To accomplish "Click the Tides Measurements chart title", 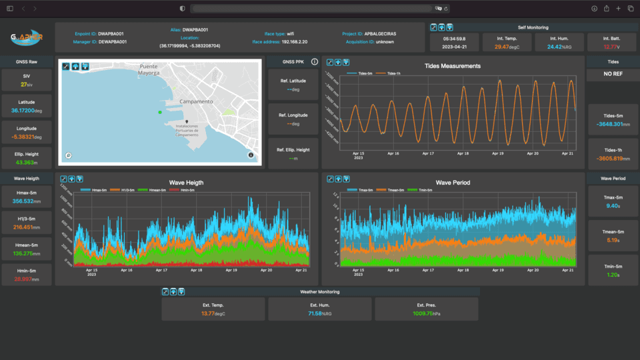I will coord(452,66).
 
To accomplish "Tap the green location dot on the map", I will coord(160,112).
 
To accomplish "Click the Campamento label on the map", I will coord(195,101).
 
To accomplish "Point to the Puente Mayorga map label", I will coord(149,71).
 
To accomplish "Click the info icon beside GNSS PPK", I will coord(315,62).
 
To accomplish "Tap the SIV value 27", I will coord(24,85).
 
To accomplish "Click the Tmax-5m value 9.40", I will coord(613,206).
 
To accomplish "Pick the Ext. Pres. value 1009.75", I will coord(423,313).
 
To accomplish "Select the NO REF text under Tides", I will coord(613,74).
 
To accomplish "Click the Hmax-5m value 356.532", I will coord(23,201).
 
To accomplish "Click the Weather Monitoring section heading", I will coord(319,292).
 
